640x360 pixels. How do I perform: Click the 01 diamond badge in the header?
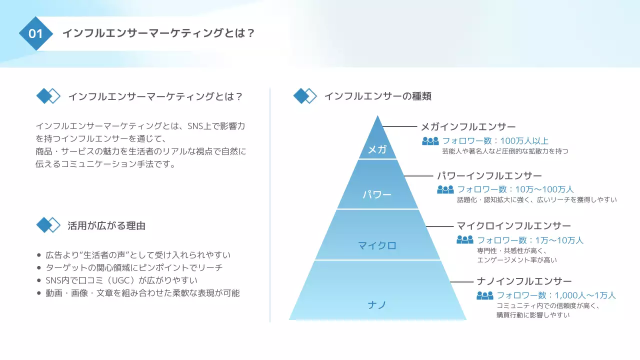[36, 33]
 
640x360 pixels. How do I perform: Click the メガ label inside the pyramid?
[377, 149]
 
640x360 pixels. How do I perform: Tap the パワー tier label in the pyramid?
[377, 194]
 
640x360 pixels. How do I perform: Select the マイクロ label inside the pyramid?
[377, 245]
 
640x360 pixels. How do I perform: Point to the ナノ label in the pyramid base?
[377, 304]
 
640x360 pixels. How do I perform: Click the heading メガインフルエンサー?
[468, 126]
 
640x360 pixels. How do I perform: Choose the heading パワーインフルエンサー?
[489, 176]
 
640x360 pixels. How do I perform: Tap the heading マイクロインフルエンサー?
[514, 226]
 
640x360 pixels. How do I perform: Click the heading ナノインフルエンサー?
[524, 281]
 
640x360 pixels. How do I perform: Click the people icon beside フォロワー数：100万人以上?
[430, 141]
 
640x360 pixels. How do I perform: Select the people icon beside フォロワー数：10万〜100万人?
[445, 189]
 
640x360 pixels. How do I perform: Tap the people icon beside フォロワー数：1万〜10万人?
[464, 240]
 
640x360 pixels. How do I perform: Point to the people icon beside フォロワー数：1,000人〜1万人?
[484, 295]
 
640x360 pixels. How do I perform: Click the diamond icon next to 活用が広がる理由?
[48, 225]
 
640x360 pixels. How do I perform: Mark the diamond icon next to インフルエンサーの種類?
[304, 95]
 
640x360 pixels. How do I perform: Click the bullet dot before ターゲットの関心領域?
[39, 267]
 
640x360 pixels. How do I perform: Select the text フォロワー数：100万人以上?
[495, 141]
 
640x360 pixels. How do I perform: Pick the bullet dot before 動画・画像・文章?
[39, 293]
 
